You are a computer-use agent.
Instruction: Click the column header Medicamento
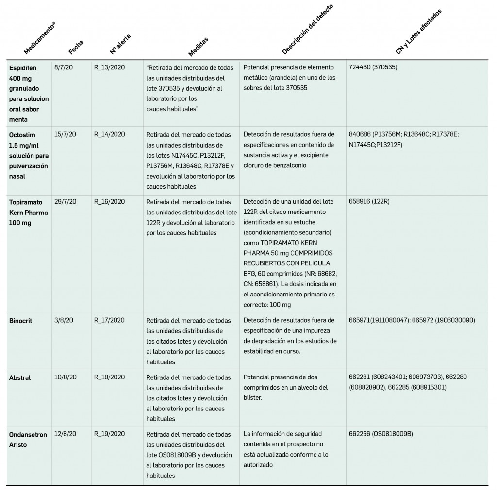tap(40, 38)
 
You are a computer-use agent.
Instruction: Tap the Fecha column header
tap(76, 47)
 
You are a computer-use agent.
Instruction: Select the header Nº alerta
tap(120, 44)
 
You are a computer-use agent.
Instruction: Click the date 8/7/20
tap(64, 67)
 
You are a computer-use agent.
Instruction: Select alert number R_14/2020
tap(109, 134)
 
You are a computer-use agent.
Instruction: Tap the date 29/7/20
tap(65, 202)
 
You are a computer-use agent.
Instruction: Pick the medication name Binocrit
tap(20, 320)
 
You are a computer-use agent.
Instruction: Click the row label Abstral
tap(20, 377)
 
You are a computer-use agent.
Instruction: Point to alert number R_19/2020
tap(109, 434)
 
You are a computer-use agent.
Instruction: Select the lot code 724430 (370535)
tap(373, 67)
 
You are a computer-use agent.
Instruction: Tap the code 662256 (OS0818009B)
tap(381, 434)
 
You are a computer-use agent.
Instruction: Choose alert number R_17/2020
tap(109, 320)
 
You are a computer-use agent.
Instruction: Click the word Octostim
tap(22, 134)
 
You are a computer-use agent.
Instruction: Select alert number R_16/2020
tap(109, 202)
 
